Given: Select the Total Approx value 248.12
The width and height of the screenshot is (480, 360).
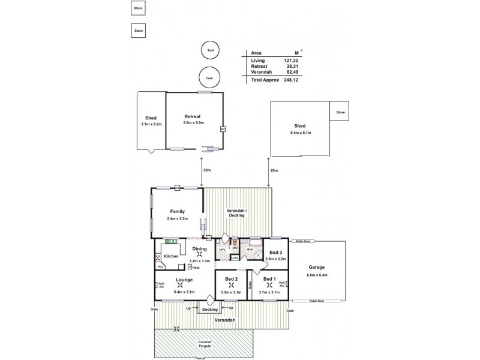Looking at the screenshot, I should coord(292,79).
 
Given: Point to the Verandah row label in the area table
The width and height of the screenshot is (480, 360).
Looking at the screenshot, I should coord(260,73).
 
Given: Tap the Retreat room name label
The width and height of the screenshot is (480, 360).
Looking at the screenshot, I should coord(193,116).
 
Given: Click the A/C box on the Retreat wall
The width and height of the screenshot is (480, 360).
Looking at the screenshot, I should coord(222,129).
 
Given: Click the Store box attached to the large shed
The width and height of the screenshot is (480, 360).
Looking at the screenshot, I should coord(340,112).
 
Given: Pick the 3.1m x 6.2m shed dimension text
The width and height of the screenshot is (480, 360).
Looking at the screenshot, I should coord(151,124).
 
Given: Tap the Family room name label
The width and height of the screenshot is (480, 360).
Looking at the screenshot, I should coord(177,211).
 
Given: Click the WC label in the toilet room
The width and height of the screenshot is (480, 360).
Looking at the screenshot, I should coord(236,248).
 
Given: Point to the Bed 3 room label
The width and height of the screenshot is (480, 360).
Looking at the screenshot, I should coord(275,252).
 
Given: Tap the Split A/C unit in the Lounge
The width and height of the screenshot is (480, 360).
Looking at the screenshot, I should coord(161,285).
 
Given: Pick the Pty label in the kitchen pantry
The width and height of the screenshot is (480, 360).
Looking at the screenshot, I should coord(160,266).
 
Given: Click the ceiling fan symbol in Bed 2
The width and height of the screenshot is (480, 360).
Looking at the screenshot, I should coord(232,285).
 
